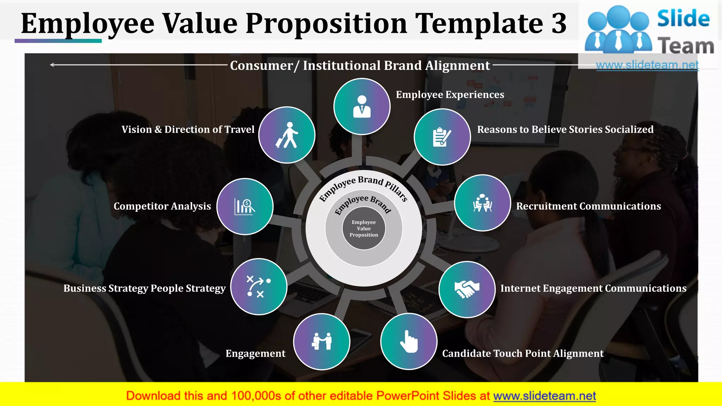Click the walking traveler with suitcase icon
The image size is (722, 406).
pyautogui.click(x=287, y=135)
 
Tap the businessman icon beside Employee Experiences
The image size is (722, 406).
pyautogui.click(x=362, y=106)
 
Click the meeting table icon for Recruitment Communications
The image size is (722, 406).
pyautogui.click(x=482, y=203)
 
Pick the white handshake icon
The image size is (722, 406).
pyautogui.click(x=467, y=289)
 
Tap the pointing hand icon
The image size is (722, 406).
pyautogui.click(x=409, y=341)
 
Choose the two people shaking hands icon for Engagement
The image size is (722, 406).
pyautogui.click(x=322, y=341)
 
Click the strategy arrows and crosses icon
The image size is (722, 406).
pyautogui.click(x=259, y=287)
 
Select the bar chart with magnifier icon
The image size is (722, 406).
pyautogui.click(x=245, y=207)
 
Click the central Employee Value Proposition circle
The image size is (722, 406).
pyautogui.click(x=364, y=228)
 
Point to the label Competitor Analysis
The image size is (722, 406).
pyautogui.click(x=162, y=206)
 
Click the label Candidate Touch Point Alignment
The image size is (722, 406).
pyautogui.click(x=523, y=353)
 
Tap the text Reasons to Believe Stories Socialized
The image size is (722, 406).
pyautogui.click(x=565, y=129)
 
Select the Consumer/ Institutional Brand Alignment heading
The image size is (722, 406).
pyautogui.click(x=360, y=66)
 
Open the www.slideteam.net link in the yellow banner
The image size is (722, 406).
pyautogui.click(x=544, y=396)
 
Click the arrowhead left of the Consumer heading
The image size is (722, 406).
pyautogui.click(x=52, y=65)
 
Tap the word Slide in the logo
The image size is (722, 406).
pyautogui.click(x=683, y=18)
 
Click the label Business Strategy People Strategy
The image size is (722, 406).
pyautogui.click(x=145, y=288)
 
